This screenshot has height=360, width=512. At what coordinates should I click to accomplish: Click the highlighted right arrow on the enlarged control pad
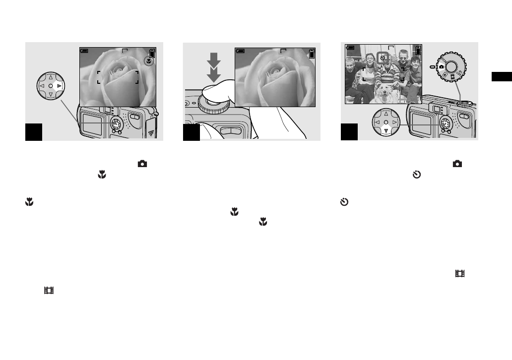(59, 86)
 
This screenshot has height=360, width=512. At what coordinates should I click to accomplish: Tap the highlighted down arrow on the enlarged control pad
(385, 131)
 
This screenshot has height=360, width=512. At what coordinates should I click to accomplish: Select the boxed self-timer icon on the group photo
(383, 58)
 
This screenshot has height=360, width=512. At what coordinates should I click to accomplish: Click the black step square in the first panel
(34, 132)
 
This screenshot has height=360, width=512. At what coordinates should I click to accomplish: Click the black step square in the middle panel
(192, 132)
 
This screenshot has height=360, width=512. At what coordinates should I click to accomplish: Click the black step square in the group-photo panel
(349, 132)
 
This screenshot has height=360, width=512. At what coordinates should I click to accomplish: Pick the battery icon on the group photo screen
(419, 50)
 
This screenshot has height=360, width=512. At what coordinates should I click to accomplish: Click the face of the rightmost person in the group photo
(415, 61)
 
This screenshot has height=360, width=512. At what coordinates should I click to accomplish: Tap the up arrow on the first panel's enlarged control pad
(51, 77)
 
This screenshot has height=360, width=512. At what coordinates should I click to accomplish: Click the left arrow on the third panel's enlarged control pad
(377, 121)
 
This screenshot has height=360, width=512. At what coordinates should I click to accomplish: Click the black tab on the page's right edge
(502, 76)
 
